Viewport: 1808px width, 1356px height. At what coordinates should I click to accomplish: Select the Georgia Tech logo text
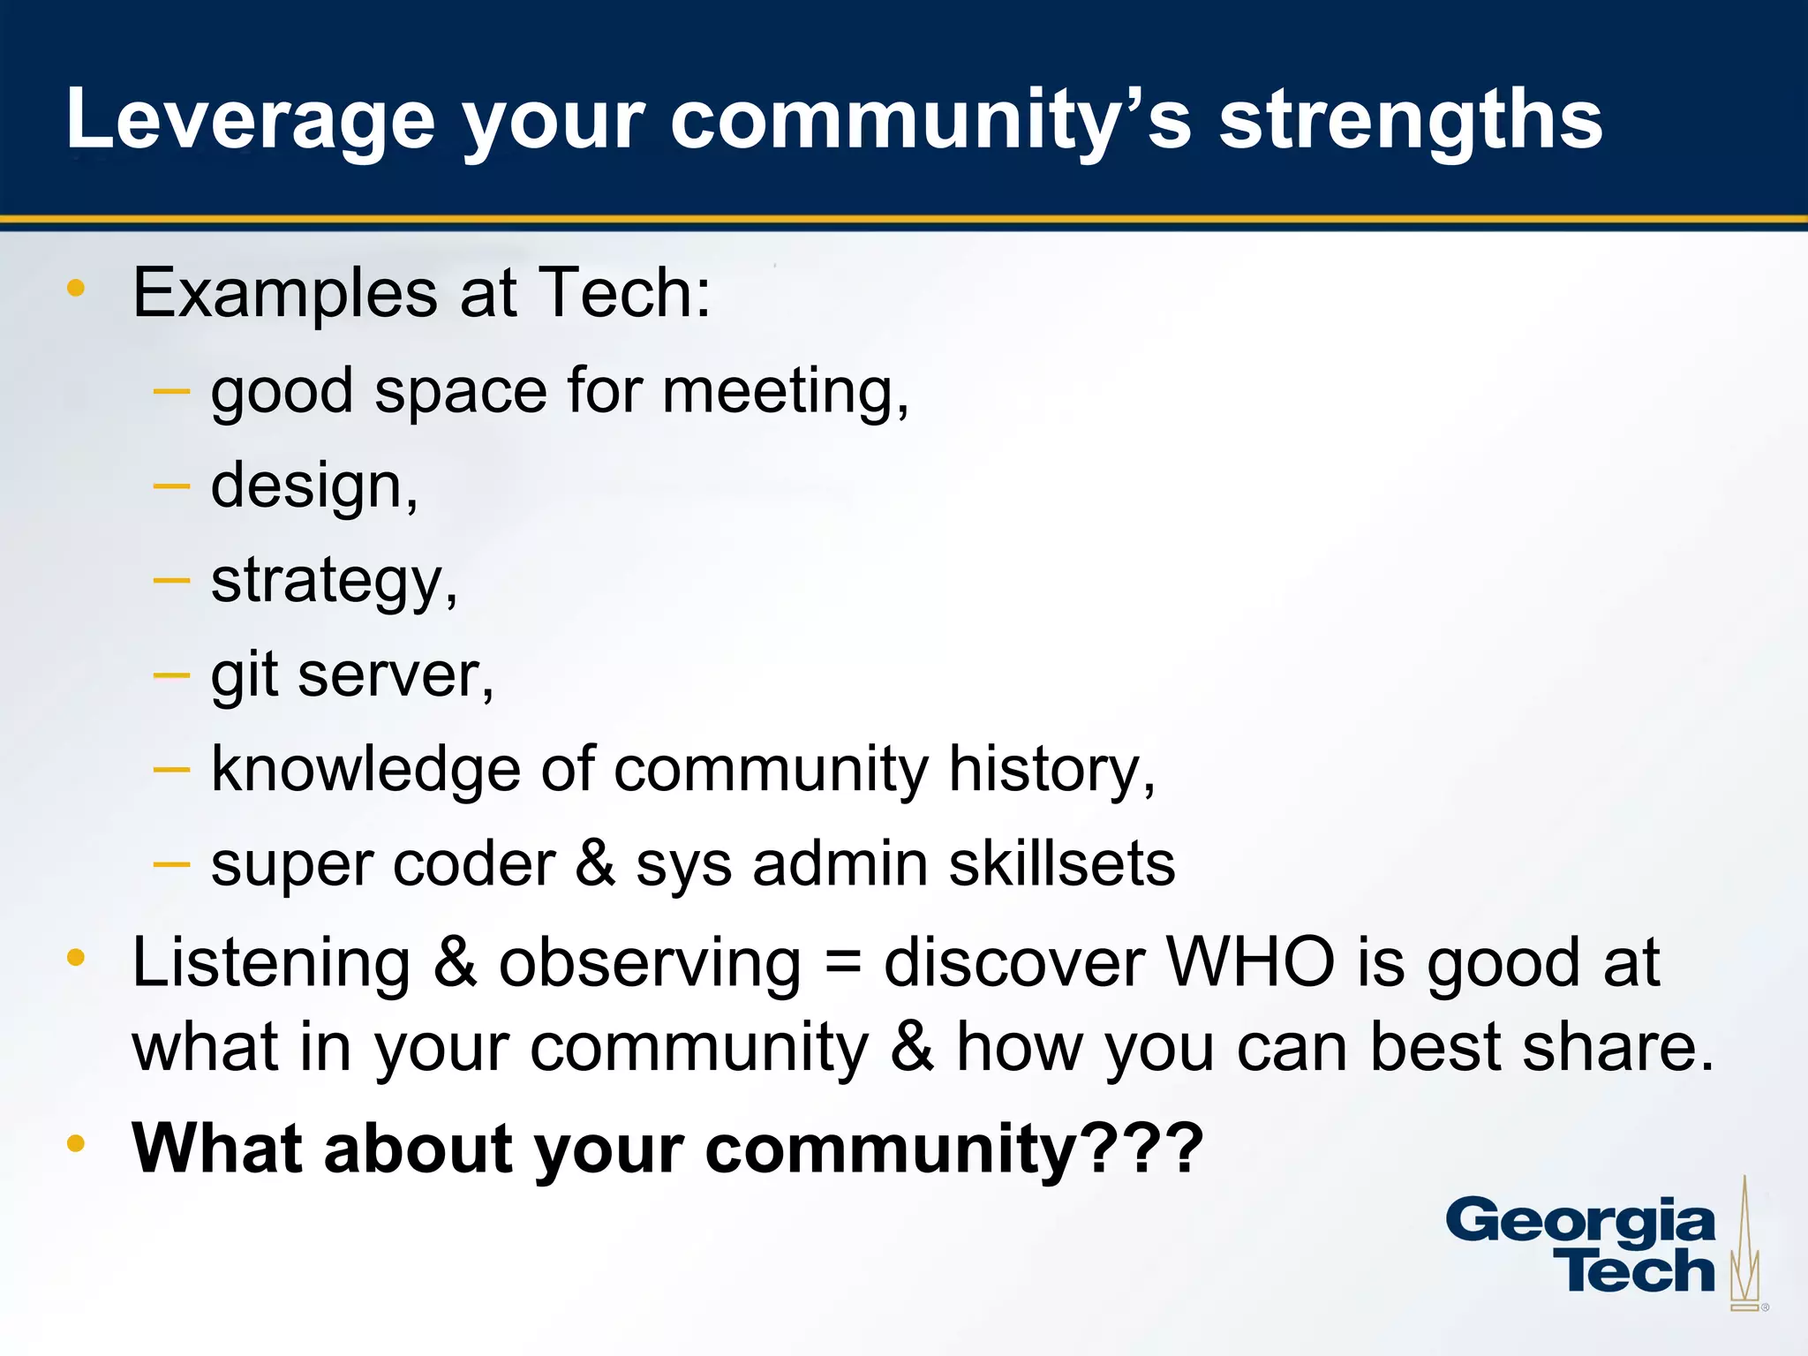1580,1246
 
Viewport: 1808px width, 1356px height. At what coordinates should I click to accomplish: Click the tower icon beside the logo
1744,1245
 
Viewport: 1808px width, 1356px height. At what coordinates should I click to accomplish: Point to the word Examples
284,293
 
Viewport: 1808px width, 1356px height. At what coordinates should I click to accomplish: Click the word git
244,674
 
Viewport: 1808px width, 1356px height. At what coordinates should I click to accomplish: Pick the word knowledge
365,769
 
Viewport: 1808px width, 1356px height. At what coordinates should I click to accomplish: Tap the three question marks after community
1142,1149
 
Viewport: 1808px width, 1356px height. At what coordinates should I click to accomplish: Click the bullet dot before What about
76,1144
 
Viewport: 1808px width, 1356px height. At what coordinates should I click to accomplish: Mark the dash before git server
171,676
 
